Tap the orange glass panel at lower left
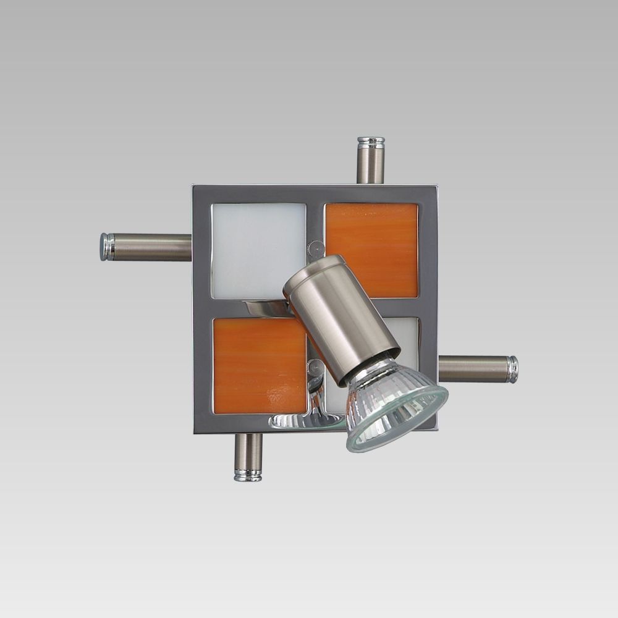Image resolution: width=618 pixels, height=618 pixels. pos(260,365)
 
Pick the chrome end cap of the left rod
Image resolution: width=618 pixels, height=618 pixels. pos(107,247)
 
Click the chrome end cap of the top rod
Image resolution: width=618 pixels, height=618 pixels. pos(371,143)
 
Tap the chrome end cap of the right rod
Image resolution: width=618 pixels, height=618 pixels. pos(512,369)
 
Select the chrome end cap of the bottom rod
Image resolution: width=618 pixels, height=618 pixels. pos(248,475)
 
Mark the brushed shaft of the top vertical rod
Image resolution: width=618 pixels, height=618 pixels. pos(371,166)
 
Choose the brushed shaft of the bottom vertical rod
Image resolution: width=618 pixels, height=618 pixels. pos(248,451)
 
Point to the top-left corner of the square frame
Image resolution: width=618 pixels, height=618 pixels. pos(195,188)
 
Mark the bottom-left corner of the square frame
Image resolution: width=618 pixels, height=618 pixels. pos(196,429)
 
